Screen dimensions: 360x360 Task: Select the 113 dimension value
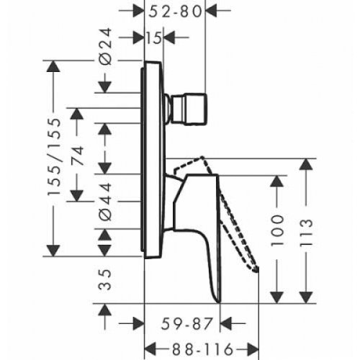coord(309,233)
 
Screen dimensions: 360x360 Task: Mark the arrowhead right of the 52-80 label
coord(215,12)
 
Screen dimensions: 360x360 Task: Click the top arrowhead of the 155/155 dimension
coord(52,68)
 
